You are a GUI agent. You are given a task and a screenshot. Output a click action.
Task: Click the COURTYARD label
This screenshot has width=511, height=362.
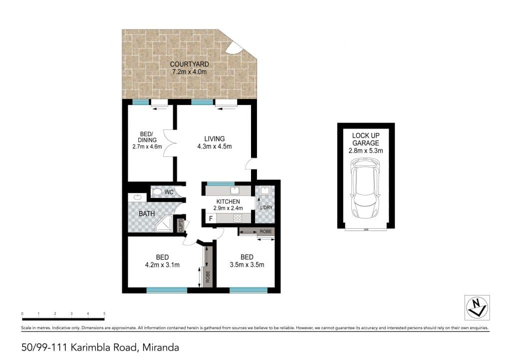189,64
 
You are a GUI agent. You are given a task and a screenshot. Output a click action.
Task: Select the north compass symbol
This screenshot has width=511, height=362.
477,307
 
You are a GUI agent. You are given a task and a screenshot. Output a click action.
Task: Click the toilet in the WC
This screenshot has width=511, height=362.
157,191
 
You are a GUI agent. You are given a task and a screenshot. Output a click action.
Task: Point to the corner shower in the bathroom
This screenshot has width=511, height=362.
164,223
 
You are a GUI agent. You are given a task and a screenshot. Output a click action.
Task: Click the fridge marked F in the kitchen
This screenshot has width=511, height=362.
211,218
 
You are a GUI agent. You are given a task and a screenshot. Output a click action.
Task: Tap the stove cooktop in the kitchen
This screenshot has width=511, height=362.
238,218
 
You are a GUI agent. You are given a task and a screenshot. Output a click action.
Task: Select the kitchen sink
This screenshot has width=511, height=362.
235,190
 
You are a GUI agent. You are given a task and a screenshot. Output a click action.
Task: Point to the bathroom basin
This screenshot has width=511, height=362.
137,197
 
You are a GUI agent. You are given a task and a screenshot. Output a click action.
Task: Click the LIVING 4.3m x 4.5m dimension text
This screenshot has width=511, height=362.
215,146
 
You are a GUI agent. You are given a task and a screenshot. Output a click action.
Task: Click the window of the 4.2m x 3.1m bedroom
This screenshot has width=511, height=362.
167,290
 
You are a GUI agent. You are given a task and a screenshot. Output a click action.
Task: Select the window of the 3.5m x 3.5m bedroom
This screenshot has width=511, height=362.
249,290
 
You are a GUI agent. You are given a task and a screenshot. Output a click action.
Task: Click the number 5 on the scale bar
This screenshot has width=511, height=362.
104,313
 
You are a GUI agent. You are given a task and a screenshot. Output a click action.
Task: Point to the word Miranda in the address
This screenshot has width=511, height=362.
161,347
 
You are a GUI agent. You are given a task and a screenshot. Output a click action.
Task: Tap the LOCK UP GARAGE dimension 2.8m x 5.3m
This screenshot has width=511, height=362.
366,151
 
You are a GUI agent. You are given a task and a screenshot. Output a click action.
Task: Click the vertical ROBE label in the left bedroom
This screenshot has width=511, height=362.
208,277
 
